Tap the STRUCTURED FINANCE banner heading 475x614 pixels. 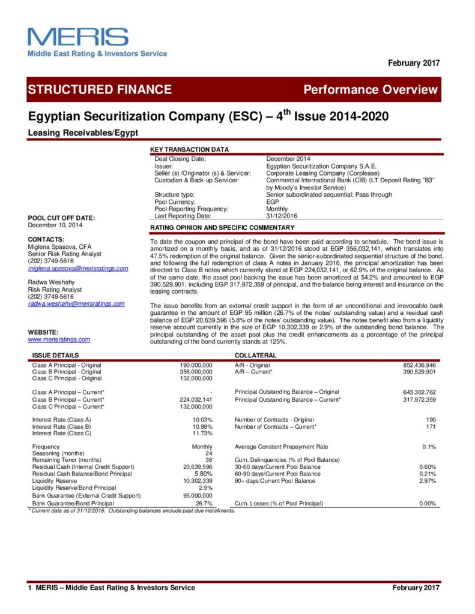click(100, 90)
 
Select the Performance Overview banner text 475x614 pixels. click(371, 90)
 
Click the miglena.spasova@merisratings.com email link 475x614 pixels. click(78, 268)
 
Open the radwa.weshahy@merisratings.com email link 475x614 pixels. click(76, 304)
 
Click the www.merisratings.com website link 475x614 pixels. click(59, 339)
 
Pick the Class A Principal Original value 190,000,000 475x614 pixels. click(196, 365)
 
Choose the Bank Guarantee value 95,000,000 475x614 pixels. click(196, 495)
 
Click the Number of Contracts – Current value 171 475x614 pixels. click(429, 426)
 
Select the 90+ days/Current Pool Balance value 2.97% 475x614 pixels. click(428, 481)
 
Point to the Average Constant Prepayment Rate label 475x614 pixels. click(282, 447)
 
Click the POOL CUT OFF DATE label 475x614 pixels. click(61, 218)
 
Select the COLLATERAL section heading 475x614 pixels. click(255, 356)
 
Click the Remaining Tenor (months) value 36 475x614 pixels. click(208, 460)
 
